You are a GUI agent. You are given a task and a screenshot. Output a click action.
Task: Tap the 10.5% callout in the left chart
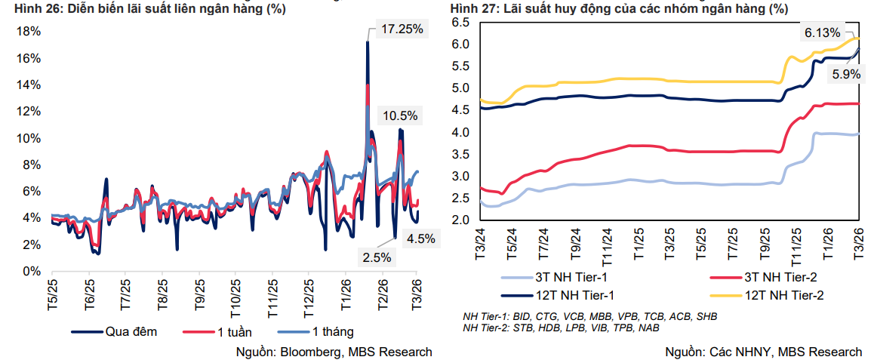pyautogui.click(x=398, y=115)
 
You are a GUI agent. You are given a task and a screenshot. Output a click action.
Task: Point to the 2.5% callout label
pyautogui.click(x=377, y=257)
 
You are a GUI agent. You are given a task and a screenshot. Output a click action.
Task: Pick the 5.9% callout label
pyautogui.click(x=846, y=74)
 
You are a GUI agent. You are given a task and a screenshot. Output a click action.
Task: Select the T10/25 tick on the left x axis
pyautogui.click(x=235, y=297)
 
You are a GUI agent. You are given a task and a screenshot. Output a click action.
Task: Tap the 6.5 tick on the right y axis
pyautogui.click(x=461, y=23)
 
